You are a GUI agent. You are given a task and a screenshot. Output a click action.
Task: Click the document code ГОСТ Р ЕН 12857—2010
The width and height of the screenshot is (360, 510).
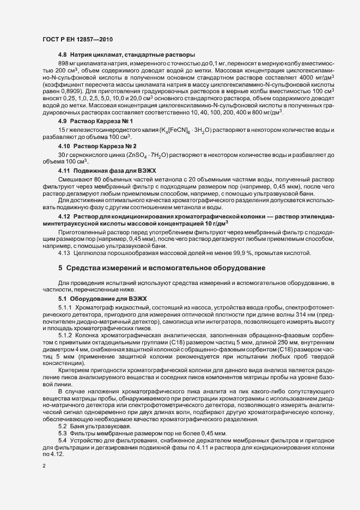(x=77, y=39)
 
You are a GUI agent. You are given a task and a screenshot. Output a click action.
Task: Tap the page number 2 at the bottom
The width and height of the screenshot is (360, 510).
(x=44, y=466)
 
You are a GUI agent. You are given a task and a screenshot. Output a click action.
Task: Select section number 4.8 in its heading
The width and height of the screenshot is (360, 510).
(x=63, y=55)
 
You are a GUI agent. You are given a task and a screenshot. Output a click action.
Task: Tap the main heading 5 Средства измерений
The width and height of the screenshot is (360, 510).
(x=162, y=268)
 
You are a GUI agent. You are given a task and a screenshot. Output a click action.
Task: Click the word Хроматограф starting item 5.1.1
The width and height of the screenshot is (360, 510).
(x=96, y=309)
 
